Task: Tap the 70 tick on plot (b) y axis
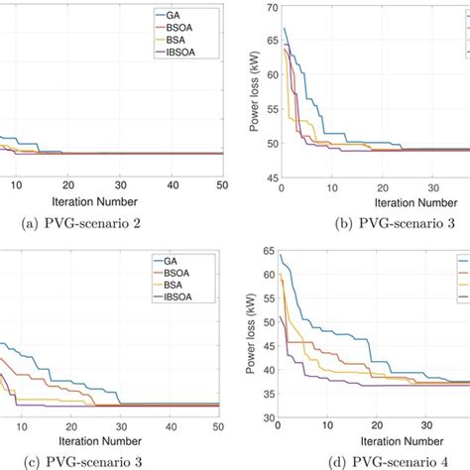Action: (x=267, y=9)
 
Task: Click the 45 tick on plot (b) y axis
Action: (x=267, y=178)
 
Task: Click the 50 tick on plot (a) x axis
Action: (x=220, y=185)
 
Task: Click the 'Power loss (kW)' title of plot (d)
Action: (x=253, y=332)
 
